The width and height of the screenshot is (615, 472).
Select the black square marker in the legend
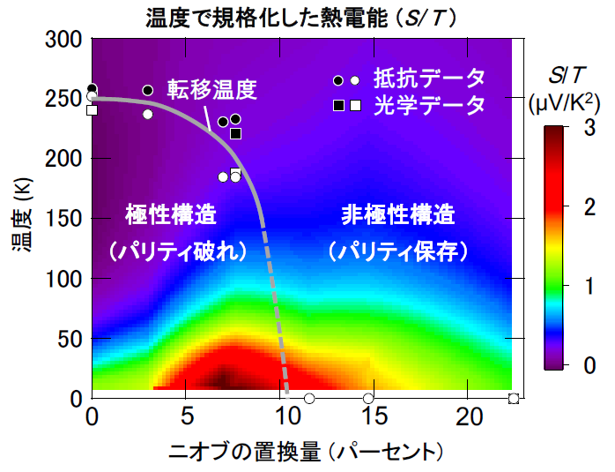coord(338,106)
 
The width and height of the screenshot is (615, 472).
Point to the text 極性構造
coord(171,214)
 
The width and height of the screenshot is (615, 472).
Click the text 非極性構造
coord(398,214)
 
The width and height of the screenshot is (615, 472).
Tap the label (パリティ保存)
coord(398,251)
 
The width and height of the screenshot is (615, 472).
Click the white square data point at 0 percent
coord(92,110)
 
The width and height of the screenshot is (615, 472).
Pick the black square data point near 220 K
coord(235,133)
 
